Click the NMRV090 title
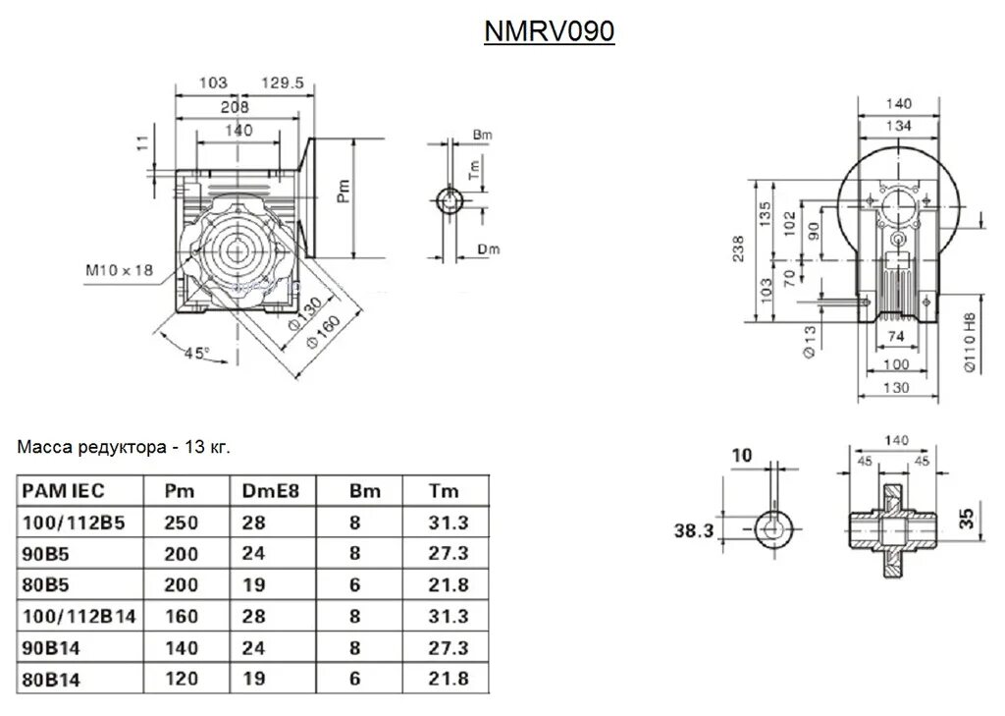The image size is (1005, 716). pos(550,32)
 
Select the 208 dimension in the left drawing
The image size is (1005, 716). pos(236,106)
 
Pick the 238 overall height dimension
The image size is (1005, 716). pos(739,248)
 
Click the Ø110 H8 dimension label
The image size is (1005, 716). pos(970,341)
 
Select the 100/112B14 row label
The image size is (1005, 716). pos(79,616)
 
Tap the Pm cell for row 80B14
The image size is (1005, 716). pos(181,678)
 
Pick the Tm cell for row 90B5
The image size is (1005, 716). pos(450,554)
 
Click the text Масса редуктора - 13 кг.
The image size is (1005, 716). pos(124,448)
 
